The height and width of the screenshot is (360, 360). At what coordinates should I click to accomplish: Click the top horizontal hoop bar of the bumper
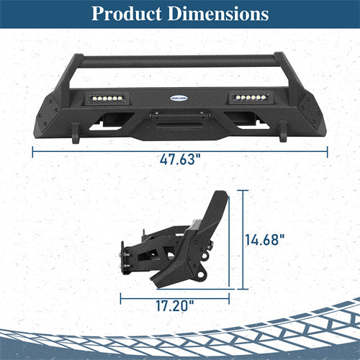pyautogui.click(x=180, y=63)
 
